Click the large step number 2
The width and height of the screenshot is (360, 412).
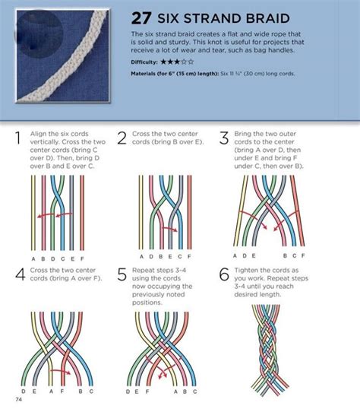122,139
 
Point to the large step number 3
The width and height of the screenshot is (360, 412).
224,139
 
